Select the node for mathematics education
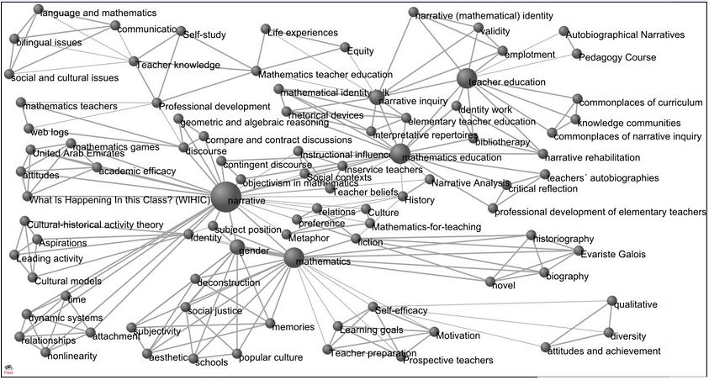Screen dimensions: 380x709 tap(400, 153)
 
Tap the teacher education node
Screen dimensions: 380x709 tap(468, 78)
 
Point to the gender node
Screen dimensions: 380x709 tap(238, 247)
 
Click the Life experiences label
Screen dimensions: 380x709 tap(302, 32)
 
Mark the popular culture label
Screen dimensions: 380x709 tap(271, 357)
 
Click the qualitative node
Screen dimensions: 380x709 tap(615, 301)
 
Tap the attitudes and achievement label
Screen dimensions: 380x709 tap(604, 351)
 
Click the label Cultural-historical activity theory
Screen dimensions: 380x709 tap(95, 224)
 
